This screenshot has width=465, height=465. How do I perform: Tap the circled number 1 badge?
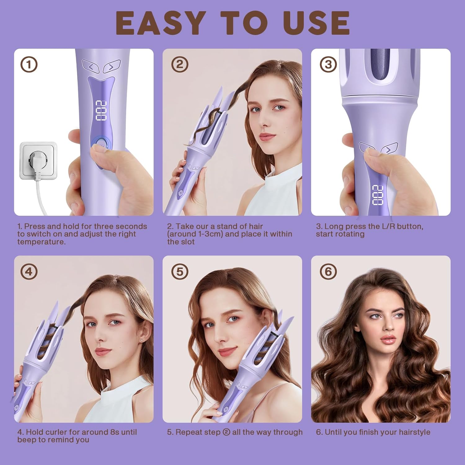point(29,65)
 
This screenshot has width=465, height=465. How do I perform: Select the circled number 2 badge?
point(179,65)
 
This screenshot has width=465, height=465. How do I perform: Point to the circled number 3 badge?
point(328,65)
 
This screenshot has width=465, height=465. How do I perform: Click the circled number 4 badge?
point(29,272)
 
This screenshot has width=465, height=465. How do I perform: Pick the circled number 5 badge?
point(179,272)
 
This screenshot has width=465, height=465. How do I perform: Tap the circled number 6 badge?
point(328,272)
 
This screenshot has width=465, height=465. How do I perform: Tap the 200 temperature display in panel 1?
point(101,111)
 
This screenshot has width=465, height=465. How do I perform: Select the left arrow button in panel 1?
point(91,66)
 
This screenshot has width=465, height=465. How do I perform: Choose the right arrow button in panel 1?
point(111,66)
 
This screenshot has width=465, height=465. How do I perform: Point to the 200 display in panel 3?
point(378,195)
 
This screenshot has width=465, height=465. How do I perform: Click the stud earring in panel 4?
point(142,340)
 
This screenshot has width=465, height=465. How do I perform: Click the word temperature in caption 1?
point(41,242)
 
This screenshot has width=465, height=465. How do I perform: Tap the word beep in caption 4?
point(26,440)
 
